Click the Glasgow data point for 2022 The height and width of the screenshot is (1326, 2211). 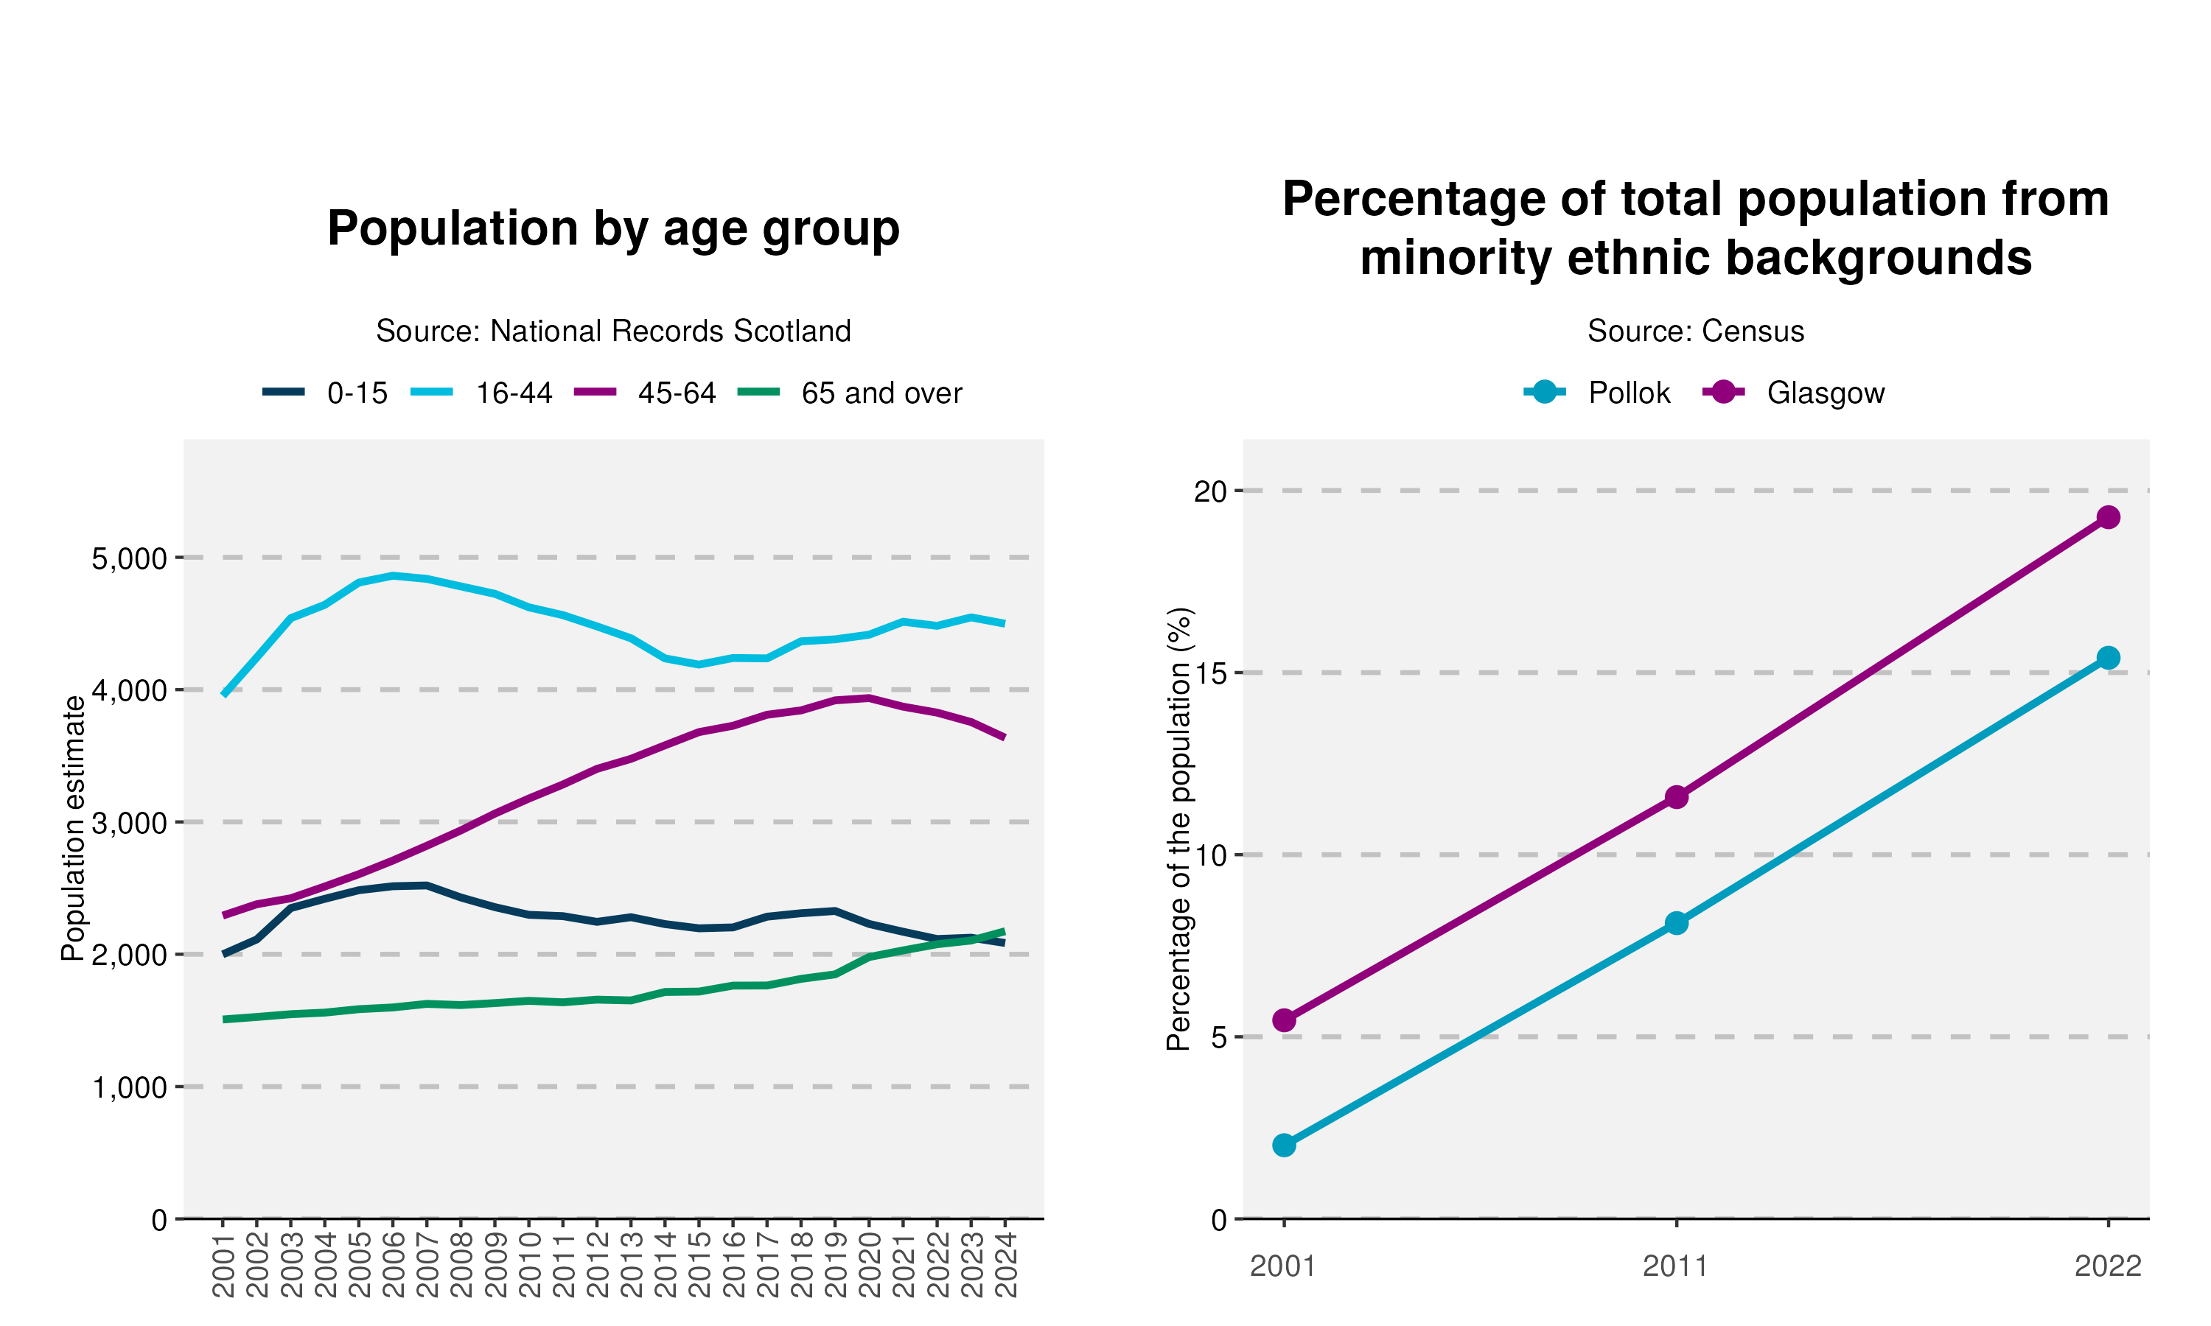click(2107, 517)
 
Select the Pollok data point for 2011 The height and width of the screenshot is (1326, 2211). click(1676, 923)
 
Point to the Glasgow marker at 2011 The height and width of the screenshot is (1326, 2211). click(1676, 797)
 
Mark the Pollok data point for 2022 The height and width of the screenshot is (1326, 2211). click(2107, 658)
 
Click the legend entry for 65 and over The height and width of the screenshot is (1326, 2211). click(850, 393)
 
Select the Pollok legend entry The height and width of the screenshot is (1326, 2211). click(1597, 393)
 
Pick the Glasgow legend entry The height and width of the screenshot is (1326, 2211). click(1794, 393)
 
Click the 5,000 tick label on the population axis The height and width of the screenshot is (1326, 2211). click(130, 558)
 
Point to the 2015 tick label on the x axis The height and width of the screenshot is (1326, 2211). click(699, 1264)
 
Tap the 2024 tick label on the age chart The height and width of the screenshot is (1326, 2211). click(1005, 1264)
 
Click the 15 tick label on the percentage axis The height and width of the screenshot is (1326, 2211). click(1211, 673)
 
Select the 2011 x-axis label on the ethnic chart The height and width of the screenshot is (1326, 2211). click(1676, 1266)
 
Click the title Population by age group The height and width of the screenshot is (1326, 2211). click(613, 229)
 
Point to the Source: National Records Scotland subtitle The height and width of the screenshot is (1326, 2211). click(613, 331)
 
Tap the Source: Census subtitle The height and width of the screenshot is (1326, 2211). click(1695, 331)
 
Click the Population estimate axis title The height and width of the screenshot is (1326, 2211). click(73, 828)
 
